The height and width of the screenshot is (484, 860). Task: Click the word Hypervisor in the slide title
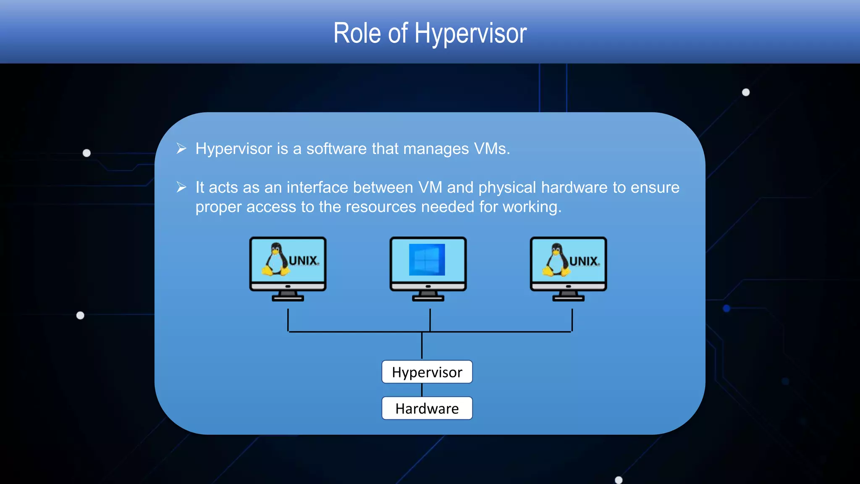click(x=470, y=34)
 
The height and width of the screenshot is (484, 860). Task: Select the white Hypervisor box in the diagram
click(x=427, y=372)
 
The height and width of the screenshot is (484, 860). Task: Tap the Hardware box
click(x=427, y=408)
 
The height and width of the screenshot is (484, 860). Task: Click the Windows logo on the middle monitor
click(x=427, y=260)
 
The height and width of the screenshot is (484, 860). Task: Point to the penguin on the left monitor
click(x=275, y=260)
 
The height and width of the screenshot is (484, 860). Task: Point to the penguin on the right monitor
click(x=556, y=260)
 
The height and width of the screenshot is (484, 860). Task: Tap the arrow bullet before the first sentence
click(x=181, y=148)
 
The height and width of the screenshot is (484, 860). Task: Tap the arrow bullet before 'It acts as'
click(x=181, y=187)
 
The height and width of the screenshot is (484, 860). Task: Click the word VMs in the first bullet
click(x=491, y=149)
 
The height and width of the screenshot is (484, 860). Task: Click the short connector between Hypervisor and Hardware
click(x=422, y=390)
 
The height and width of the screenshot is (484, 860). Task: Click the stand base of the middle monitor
click(x=428, y=299)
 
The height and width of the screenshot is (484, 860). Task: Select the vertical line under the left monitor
click(x=288, y=320)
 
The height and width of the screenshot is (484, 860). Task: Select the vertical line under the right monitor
click(x=572, y=320)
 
